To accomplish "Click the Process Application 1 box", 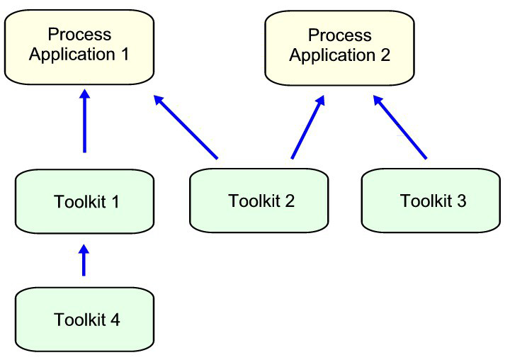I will coord(79,47).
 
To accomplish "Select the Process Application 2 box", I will coord(339,47).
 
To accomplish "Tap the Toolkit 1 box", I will coord(84,202).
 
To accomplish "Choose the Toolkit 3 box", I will coord(433,201).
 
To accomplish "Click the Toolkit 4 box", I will coord(84,320).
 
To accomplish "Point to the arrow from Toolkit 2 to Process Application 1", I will coord(186,128).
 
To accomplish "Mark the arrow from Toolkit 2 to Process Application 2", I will coord(307,128).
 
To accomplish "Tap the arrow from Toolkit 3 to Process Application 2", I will coord(400,128).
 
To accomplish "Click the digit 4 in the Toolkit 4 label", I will coord(115,320).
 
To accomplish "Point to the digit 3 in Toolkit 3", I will coord(462,201).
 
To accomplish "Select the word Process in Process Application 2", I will coord(340,35).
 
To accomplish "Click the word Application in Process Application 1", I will coord(71,55).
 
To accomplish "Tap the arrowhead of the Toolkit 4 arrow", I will coord(84,251).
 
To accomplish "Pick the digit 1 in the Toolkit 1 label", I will coord(115,202).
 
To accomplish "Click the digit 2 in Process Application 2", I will coord(385,55).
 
